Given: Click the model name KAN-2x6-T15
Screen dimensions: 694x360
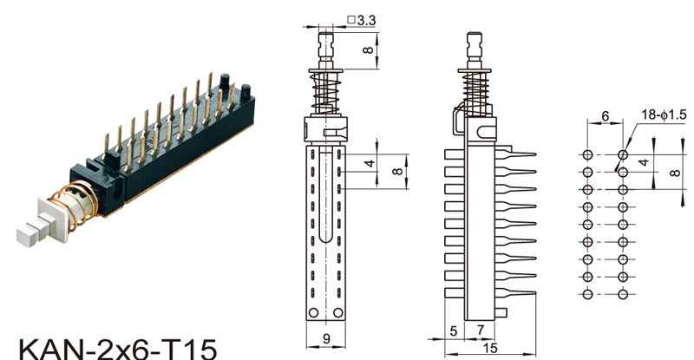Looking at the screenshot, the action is tap(118, 349).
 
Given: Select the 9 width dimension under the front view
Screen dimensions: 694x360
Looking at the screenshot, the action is tap(326, 338).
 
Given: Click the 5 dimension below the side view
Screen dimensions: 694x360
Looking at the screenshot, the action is tap(453, 331).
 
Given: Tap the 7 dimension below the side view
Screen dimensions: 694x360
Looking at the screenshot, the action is tap(481, 331).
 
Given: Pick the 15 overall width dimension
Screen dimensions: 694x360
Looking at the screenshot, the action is tap(490, 348).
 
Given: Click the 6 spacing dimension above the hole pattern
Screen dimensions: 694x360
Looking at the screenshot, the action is tap(605, 116).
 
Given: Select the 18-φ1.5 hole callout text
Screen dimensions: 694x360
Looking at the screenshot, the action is tap(664, 115).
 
